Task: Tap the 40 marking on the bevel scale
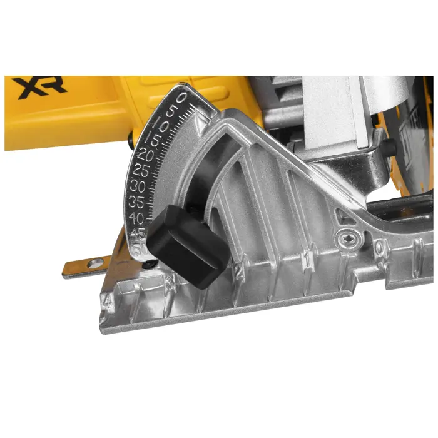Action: pos(136,218)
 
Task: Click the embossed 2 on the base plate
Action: pos(238,270)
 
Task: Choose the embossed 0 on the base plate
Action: pos(380,248)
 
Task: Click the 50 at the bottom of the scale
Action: pos(142,246)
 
